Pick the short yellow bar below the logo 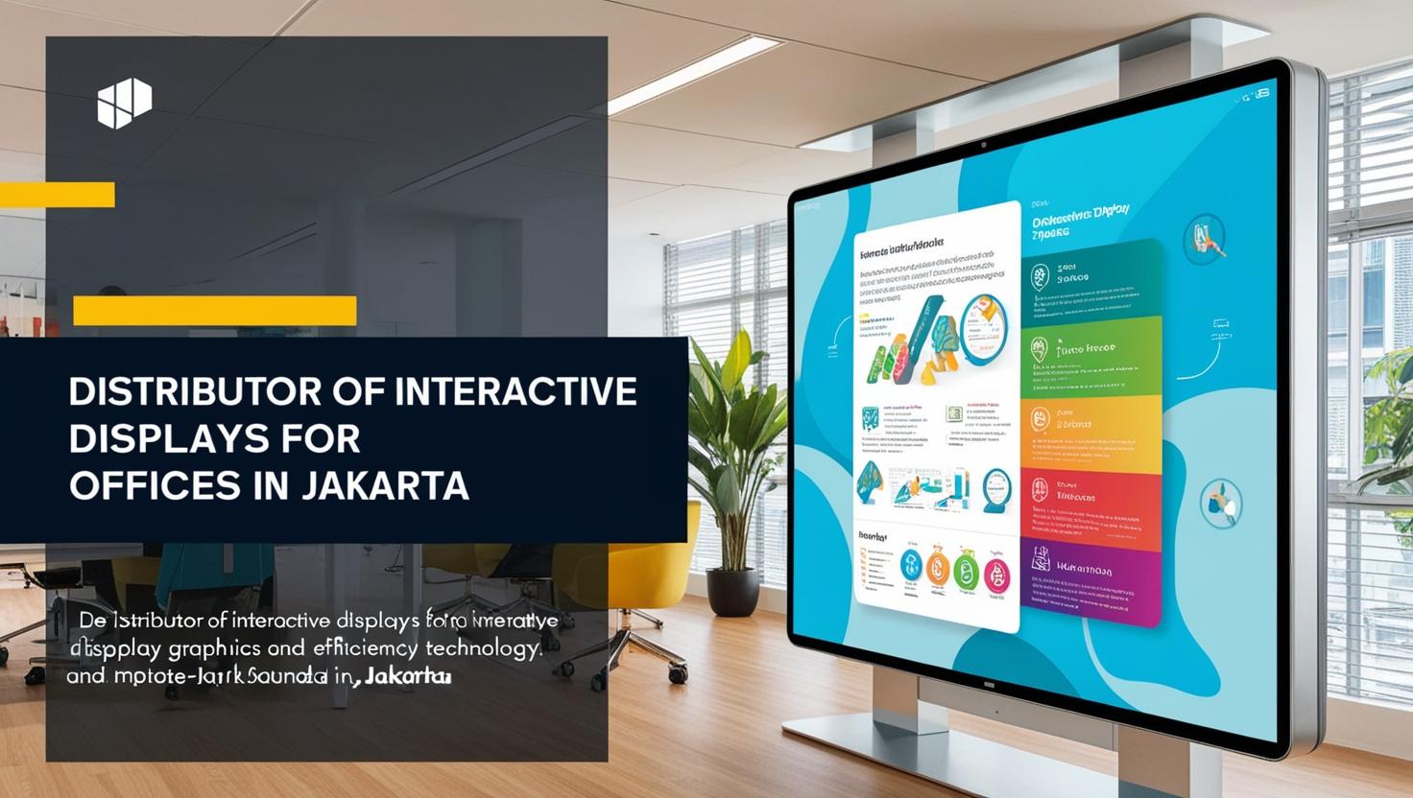click(x=57, y=195)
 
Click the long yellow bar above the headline click(x=214, y=311)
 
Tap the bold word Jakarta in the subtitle click(x=408, y=677)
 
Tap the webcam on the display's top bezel click(x=984, y=144)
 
